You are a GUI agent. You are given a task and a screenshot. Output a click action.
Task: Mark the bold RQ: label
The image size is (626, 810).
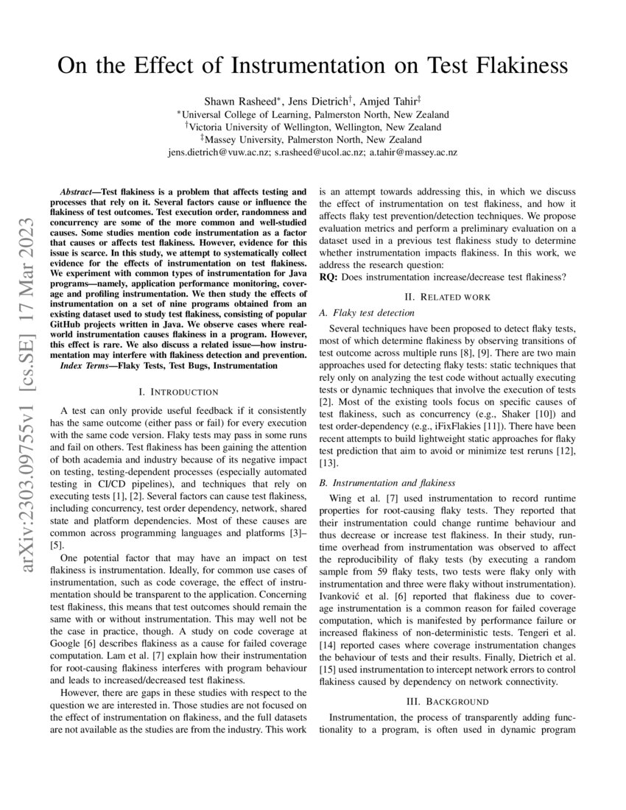328,276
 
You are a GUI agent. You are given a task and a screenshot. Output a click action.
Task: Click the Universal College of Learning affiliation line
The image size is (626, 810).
314,114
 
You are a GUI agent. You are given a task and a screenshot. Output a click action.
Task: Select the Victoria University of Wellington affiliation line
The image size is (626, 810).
314,127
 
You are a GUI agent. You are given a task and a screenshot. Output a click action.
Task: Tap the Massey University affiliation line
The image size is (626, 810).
314,139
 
